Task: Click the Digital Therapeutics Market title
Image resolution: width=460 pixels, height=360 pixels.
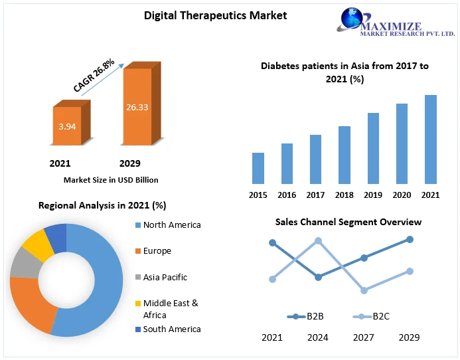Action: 216,15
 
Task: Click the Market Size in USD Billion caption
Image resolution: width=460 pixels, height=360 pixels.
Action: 111,179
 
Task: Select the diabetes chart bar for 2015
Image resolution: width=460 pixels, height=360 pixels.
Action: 258,168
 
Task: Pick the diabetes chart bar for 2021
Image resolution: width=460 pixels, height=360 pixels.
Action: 430,139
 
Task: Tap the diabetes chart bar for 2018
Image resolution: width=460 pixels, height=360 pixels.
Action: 344,155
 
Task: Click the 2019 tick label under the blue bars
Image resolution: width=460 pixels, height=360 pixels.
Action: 373,195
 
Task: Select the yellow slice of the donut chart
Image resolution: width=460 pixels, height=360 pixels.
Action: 38,244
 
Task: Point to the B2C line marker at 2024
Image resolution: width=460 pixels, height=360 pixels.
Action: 318,241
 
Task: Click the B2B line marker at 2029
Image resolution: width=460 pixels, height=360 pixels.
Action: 410,239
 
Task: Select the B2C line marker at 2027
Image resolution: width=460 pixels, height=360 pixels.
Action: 364,290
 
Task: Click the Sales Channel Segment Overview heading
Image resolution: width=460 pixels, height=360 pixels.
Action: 348,222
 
